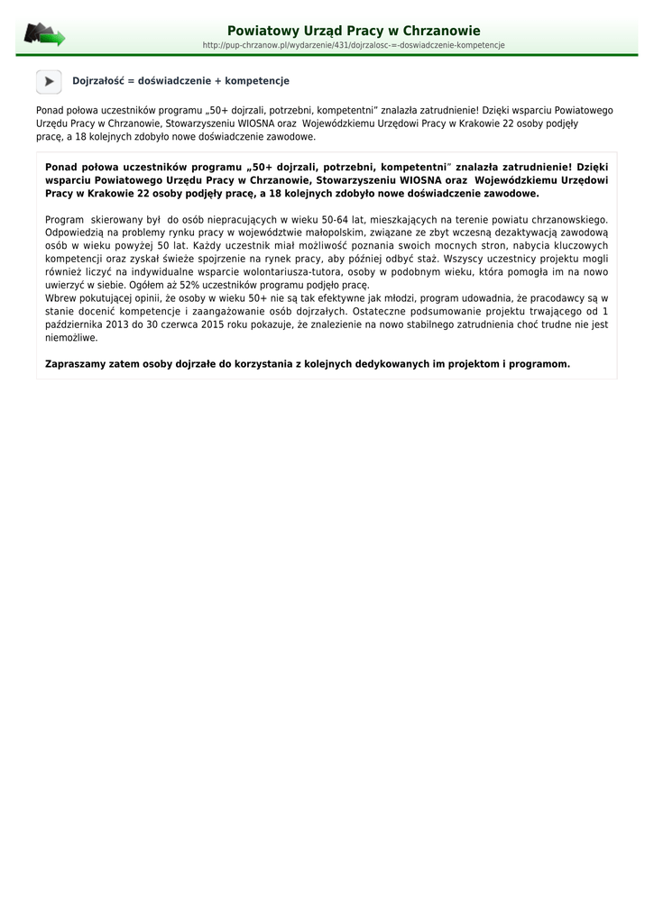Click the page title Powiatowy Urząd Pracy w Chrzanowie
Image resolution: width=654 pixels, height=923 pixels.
pos(354,31)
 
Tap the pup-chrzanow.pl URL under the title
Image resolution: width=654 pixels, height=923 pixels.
pos(354,45)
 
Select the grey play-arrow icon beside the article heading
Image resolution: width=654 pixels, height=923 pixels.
pos(49,81)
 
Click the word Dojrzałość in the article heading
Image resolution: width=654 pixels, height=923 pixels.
pos(97,81)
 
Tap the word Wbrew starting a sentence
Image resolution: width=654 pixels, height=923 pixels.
pos(60,298)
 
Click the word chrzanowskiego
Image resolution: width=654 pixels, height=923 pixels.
pos(567,219)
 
